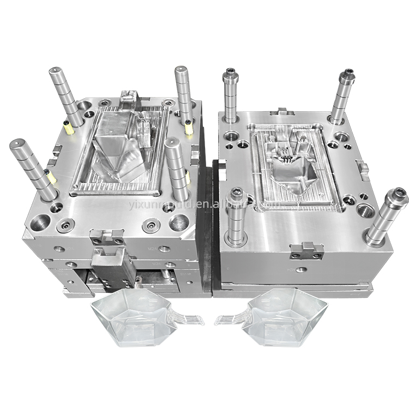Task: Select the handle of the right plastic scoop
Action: (x=229, y=319)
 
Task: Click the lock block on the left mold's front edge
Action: (x=107, y=237)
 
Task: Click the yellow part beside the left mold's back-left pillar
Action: (x=69, y=129)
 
